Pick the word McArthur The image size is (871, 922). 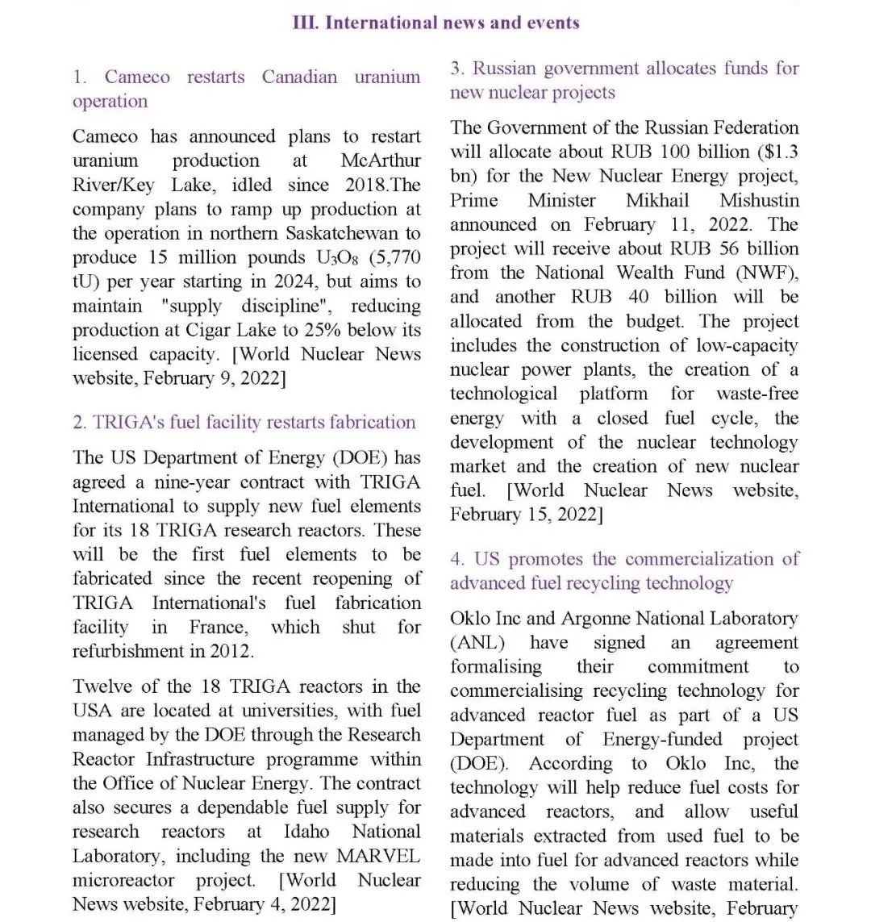tap(381, 161)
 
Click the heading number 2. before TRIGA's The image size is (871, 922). tap(79, 422)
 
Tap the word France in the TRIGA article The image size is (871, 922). tap(218, 627)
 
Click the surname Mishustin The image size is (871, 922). tap(759, 200)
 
